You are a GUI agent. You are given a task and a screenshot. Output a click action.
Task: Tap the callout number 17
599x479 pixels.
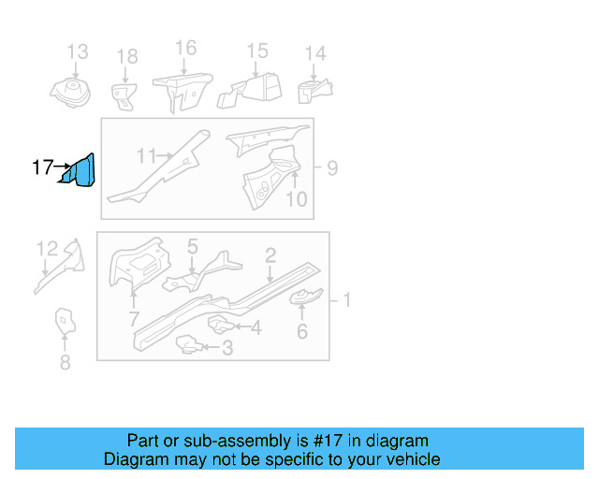42,168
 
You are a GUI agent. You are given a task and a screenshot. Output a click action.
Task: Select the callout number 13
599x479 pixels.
77,51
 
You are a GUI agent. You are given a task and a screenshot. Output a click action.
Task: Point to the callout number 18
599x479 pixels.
126,58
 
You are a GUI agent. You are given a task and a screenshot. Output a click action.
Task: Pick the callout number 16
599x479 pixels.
185,48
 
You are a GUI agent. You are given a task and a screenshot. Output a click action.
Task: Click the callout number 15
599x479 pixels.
256,51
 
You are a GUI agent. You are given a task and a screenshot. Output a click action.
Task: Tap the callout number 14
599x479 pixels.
315,53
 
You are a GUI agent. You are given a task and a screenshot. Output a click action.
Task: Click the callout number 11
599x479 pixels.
146,156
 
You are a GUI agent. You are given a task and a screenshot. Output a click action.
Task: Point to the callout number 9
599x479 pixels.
332,168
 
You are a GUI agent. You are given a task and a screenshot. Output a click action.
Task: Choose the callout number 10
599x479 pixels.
296,198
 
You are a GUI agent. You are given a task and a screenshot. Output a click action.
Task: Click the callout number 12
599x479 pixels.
47,248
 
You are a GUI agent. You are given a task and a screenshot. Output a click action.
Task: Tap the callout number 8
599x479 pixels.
65,363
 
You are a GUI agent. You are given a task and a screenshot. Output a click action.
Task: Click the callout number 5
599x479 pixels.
192,247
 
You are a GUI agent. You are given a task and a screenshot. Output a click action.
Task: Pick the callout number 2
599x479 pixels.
270,254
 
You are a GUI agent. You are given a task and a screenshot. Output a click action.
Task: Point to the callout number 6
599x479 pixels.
301,331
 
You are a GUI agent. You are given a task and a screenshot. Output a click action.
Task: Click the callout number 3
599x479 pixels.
226,350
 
